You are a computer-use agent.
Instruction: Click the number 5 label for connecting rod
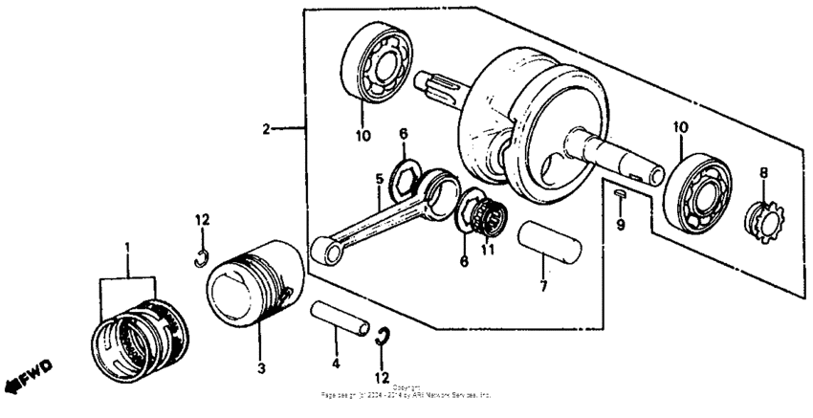[x=379, y=178]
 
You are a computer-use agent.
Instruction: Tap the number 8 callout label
[x=762, y=175]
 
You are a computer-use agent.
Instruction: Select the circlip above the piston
[x=201, y=254]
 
